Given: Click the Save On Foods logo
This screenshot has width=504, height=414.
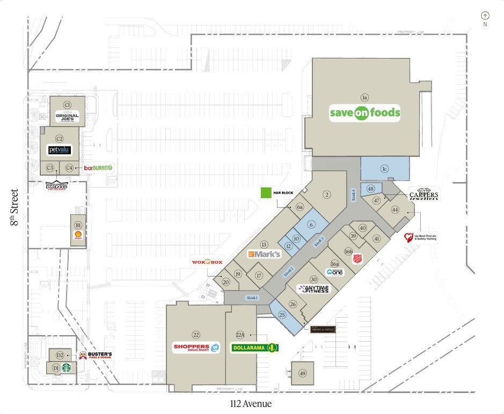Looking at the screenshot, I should click(364, 113).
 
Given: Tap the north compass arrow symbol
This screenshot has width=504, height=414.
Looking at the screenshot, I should click(485, 16).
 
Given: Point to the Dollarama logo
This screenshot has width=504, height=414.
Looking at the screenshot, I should click(254, 348).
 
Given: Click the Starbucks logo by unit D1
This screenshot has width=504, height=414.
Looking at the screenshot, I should click(67, 368).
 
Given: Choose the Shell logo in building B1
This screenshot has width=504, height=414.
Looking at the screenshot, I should click(78, 235).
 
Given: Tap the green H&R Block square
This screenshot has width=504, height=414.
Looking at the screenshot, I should click(265, 192).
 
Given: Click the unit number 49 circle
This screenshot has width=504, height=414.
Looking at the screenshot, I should click(303, 374).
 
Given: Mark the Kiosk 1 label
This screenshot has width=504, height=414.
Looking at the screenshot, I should click(252, 297).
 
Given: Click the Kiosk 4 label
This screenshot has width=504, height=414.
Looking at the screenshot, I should click(353, 194).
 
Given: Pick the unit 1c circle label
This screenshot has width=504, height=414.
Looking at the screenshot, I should click(384, 169).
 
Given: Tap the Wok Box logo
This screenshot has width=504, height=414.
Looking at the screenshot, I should click(207, 262).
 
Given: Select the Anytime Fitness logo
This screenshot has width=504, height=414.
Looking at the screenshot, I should click(316, 289).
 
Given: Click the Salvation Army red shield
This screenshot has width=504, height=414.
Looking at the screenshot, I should click(357, 259).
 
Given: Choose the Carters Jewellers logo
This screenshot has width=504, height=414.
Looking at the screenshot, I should click(424, 195).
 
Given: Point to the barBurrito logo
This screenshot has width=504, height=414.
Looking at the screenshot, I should click(98, 168).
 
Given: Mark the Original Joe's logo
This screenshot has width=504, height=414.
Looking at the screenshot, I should click(67, 115).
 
